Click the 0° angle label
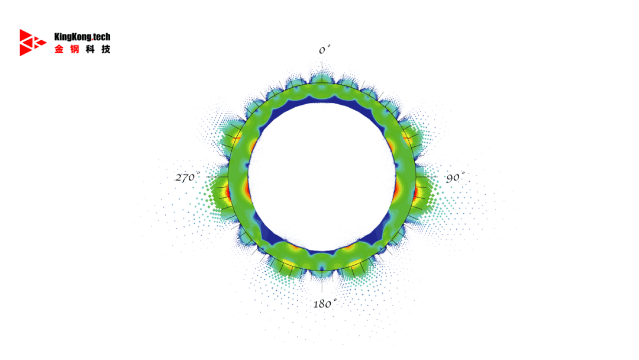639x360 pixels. pos(324,50)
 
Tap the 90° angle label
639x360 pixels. pos(455,178)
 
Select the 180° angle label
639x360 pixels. pos(325,303)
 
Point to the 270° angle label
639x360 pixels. pos(188,177)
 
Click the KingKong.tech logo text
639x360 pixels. pos(82,37)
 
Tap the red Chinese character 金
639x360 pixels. pos(59,49)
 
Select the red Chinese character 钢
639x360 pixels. pos(75,49)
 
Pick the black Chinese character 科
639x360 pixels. pos(90,49)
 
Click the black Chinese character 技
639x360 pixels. pos(106,49)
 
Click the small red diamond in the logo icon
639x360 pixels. pos(42,42)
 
